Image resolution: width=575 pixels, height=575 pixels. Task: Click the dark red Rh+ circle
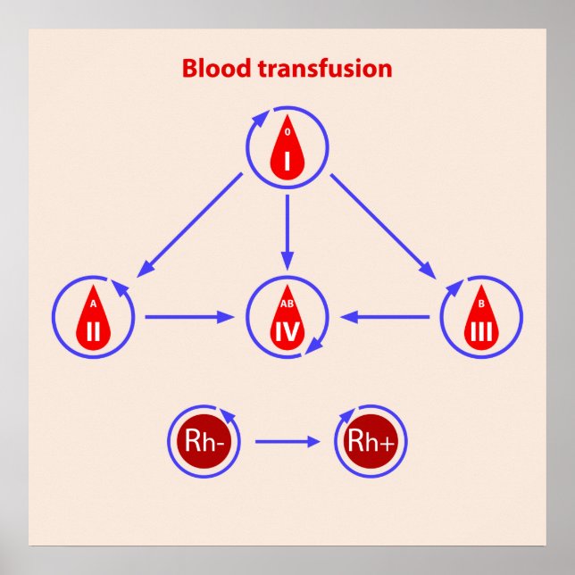(364, 440)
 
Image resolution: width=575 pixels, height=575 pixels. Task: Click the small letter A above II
(93, 303)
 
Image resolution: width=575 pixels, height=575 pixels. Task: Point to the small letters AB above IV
(287, 303)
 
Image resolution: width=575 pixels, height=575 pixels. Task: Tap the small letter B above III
(481, 303)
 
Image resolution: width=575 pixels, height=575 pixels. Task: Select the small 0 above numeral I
(287, 131)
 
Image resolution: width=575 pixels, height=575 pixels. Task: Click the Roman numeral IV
(287, 332)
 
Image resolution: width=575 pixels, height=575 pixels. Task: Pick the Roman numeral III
(481, 332)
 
